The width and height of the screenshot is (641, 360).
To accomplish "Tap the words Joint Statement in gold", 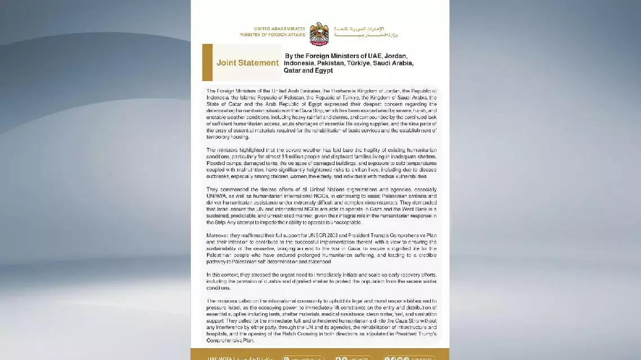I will click(247, 63).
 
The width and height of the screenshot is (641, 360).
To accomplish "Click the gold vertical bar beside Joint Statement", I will click(207, 63).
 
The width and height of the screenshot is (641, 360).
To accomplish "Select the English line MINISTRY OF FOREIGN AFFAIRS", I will click(280, 34).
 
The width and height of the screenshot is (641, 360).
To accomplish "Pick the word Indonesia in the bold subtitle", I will click(302, 63).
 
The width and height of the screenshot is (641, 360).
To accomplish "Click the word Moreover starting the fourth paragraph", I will click(219, 235).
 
